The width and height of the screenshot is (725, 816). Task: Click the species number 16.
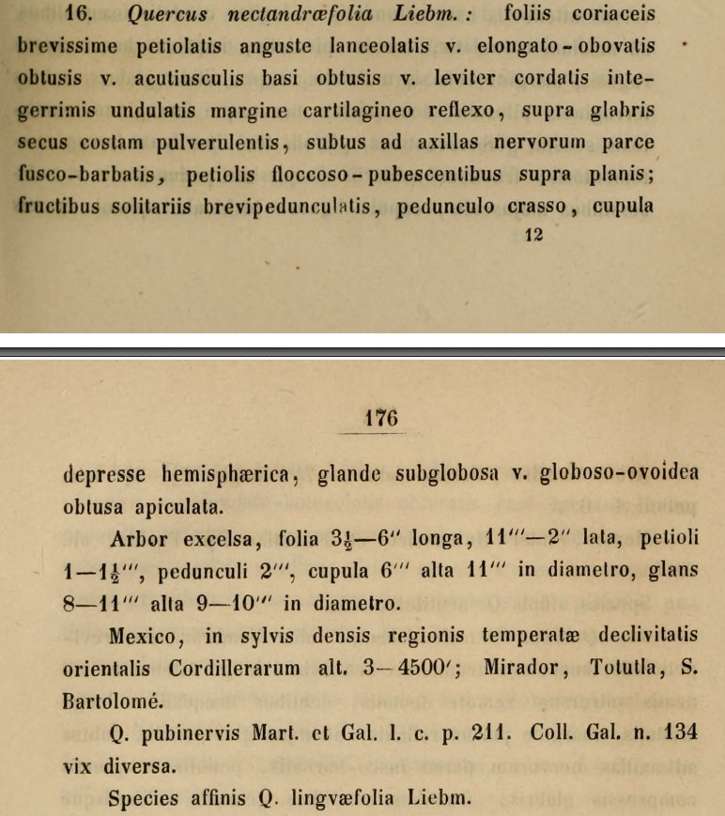[x=35, y=15]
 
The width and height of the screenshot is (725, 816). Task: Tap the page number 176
[x=381, y=418]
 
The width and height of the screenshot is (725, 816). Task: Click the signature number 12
[x=534, y=238]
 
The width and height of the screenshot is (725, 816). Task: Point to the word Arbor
[x=139, y=538]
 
